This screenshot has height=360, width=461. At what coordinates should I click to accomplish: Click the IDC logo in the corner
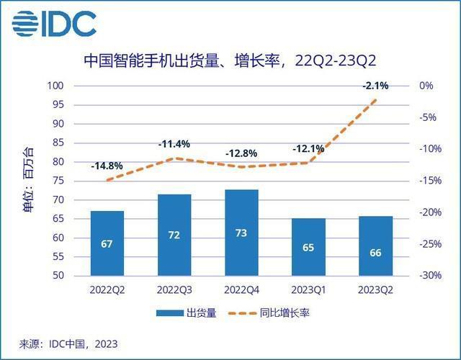click(55, 24)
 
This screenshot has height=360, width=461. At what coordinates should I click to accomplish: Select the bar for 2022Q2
click(107, 243)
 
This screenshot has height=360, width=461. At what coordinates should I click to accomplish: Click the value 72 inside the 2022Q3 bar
click(174, 236)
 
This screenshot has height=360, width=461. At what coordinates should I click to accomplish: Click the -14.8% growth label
click(107, 166)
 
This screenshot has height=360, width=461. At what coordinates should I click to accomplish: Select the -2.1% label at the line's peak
click(375, 86)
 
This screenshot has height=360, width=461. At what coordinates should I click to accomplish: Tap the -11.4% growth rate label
click(174, 144)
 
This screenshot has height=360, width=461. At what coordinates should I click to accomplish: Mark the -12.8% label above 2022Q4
click(241, 153)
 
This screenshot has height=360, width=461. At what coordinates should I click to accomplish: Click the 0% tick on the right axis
click(426, 86)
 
